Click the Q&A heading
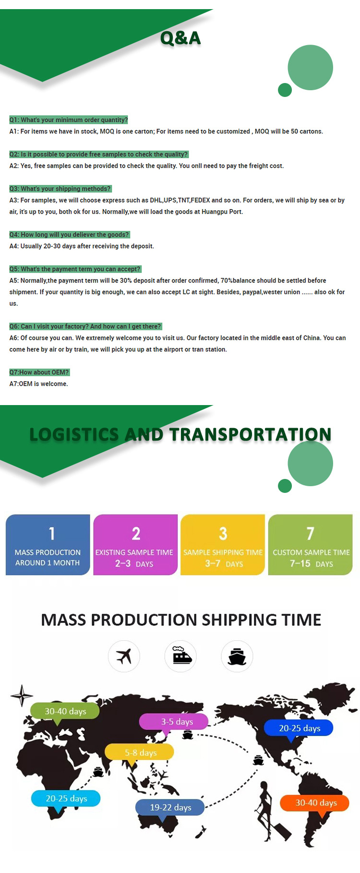coord(180,38)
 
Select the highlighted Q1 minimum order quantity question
coord(69,120)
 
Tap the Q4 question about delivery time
coord(70,235)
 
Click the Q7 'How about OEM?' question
coord(39,372)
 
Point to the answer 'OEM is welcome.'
coord(39,384)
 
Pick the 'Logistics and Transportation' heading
coord(180,434)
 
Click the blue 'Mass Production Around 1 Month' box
coord(48,545)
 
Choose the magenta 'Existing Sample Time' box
coord(135,545)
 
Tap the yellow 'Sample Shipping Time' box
coord(223,545)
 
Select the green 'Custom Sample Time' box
coord(311,545)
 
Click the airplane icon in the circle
coord(124,656)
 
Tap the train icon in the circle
coord(180,656)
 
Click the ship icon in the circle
coord(237,656)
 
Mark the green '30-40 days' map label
coord(65,711)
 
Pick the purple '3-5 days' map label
coord(174,721)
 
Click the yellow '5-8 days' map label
coord(140,752)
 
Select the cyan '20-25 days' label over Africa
coord(66,798)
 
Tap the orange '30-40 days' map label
coord(315,802)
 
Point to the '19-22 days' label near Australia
coord(170,807)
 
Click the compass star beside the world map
coord(22,695)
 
